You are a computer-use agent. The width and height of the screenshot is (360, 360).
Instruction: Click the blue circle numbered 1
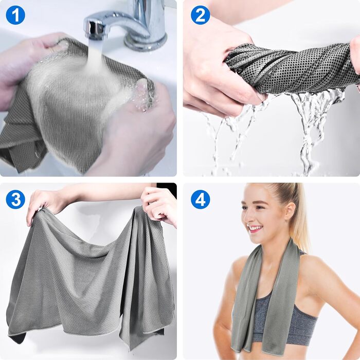click(15, 15)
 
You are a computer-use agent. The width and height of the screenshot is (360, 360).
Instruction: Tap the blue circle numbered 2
click(200, 15)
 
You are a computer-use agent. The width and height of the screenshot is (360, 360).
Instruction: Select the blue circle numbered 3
click(15, 200)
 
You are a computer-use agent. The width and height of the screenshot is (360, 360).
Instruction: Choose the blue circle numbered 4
click(200, 200)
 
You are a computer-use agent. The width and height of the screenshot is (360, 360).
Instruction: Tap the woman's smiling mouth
click(255, 228)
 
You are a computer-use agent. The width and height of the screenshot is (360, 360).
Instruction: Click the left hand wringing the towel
click(221, 69)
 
